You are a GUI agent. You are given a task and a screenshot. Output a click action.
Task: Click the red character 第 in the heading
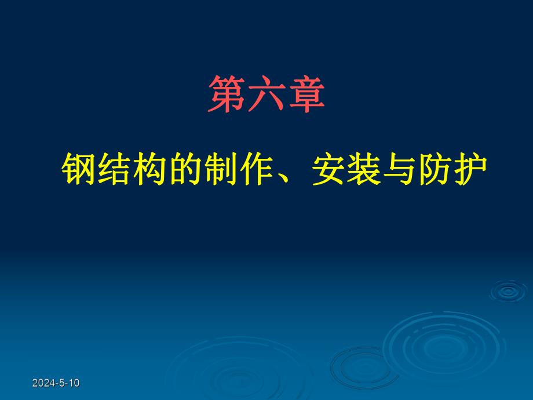(227, 94)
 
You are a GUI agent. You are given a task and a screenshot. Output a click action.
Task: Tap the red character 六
(266, 94)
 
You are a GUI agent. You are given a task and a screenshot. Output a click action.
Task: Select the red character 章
(305, 94)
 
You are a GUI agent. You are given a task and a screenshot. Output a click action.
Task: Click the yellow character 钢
(79, 170)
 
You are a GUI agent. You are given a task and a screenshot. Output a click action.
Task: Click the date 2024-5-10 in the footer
(56, 383)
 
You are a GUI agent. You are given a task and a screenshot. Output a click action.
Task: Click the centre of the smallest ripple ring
(508, 291)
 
